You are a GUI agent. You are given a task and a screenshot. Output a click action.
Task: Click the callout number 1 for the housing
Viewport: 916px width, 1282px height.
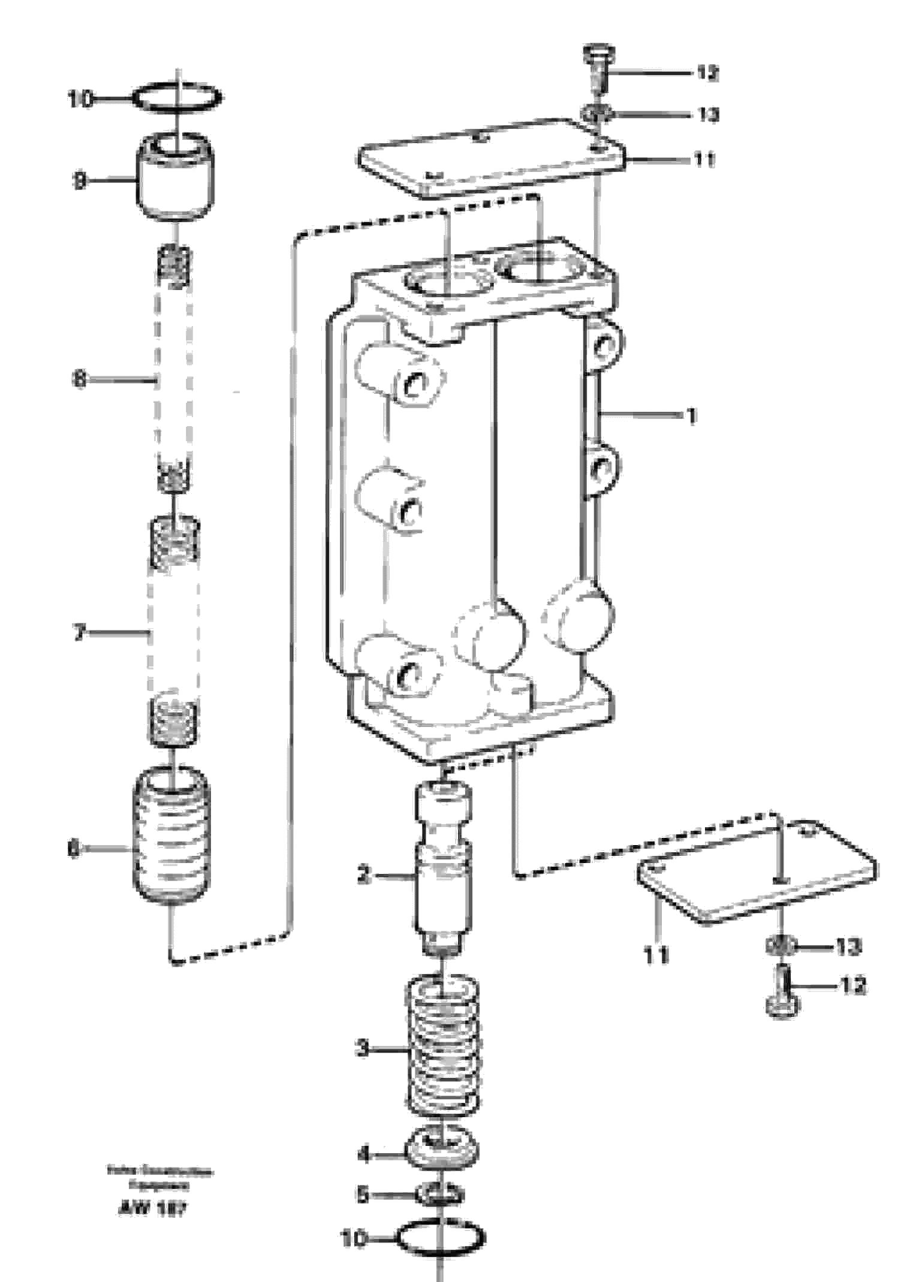[692, 415]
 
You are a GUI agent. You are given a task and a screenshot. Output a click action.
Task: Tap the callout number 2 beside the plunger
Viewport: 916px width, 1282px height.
[364, 876]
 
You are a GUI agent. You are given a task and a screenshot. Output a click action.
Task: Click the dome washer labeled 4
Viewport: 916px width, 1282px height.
[442, 1151]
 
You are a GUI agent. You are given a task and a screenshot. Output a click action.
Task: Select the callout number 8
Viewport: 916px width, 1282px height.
[80, 379]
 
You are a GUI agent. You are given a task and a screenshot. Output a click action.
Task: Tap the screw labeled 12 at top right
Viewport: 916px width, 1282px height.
[597, 69]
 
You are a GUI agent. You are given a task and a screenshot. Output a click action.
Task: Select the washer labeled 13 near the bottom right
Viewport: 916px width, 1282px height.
[781, 947]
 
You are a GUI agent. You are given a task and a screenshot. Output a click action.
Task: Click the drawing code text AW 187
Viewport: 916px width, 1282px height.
[152, 1209]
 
